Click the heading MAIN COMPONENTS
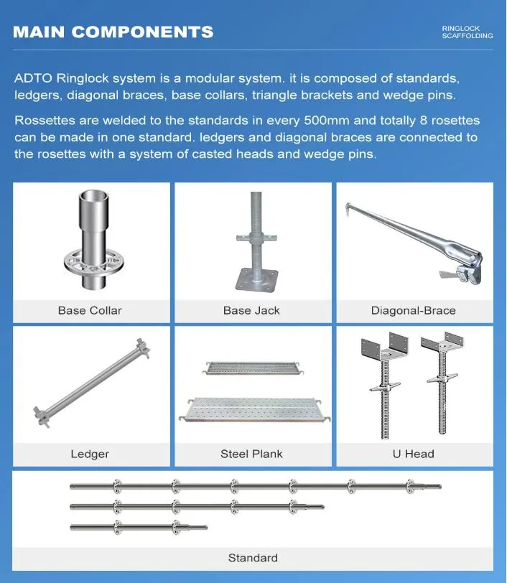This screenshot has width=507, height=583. pos(113,32)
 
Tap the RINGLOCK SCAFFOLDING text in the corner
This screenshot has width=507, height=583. pos(468,32)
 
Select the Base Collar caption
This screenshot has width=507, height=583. pos(90,310)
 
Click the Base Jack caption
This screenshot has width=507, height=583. pos(251,310)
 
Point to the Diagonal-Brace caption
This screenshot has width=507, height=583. pos(413,310)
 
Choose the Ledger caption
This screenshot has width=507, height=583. pos(90,454)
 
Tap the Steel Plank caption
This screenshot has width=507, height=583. pos(251,454)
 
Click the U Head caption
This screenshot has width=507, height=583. pos(413,454)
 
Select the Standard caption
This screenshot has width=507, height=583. pos(253,558)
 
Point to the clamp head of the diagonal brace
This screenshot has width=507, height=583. pos(465,269)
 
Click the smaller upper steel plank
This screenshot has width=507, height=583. pos(253,368)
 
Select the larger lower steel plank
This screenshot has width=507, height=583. pos(254,410)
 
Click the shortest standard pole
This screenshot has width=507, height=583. pos(139,527)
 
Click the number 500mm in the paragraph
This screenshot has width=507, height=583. pos(327,121)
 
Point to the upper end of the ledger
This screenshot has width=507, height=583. pos(142,348)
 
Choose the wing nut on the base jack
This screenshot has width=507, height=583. pos(256,238)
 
